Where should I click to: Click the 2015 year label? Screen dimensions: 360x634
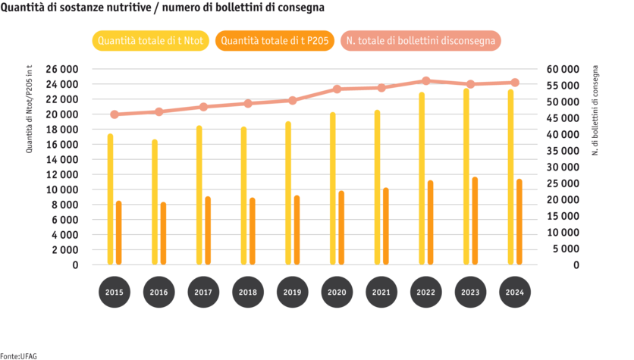tap(114, 292)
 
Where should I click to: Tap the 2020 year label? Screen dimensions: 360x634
tap(337, 292)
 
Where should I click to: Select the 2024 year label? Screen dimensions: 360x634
tap(515, 292)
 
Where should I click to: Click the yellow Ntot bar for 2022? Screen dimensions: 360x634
tap(422, 179)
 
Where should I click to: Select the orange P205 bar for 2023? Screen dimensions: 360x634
tap(475, 221)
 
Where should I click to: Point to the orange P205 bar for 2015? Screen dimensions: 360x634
tap(118, 233)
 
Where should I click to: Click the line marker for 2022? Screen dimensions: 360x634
tap(426, 80)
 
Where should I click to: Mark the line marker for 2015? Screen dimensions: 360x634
tap(114, 114)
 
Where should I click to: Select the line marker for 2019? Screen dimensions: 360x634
tap(293, 100)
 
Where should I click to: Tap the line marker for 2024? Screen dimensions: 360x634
tap(515, 83)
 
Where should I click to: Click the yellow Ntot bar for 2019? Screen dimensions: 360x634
tap(288, 193)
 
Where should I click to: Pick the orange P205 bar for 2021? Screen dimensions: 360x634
tap(386, 226)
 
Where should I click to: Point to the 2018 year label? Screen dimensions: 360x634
tap(248, 292)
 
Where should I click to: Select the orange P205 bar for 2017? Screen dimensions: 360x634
tap(208, 230)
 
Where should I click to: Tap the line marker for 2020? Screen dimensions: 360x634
tap(337, 89)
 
